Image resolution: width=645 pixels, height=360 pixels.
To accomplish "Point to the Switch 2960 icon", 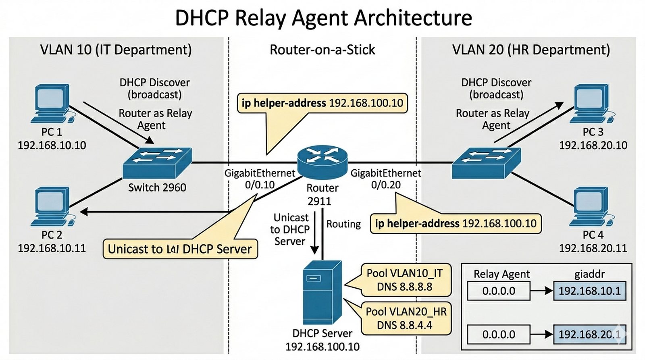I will point(157,162).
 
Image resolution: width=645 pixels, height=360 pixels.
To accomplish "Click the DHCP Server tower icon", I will point(322,292).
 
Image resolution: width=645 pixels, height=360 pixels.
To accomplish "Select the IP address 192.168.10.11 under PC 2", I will point(52,248).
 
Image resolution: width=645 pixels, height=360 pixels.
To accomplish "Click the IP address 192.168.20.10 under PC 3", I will point(593,145).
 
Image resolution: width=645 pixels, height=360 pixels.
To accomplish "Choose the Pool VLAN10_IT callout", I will point(404,280).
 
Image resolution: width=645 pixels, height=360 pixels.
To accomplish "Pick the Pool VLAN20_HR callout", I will point(406,318).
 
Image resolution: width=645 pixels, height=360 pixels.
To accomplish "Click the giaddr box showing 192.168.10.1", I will point(589,291).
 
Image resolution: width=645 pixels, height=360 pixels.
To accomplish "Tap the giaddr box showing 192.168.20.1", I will point(589,334).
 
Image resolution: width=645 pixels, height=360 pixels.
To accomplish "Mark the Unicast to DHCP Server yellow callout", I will point(180,249).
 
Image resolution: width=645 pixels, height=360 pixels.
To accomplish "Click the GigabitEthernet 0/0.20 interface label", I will point(385,179).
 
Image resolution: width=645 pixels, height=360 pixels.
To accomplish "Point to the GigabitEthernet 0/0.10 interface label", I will point(260,179).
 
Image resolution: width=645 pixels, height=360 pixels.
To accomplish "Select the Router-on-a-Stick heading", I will point(322,50).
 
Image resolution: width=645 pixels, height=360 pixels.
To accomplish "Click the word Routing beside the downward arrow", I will point(343,224).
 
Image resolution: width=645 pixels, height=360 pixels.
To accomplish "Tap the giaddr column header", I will point(589,274).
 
